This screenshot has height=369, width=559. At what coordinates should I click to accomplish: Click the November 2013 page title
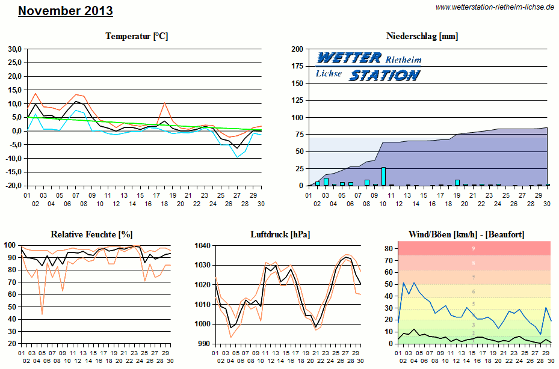click(65, 11)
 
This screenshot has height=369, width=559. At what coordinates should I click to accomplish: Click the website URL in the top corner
click(494, 7)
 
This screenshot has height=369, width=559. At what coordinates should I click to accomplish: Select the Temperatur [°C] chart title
click(137, 36)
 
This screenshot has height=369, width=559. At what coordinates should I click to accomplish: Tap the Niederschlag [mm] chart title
click(422, 36)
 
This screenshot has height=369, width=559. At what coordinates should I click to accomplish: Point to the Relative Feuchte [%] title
click(91, 233)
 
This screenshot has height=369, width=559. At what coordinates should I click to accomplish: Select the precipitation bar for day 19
click(457, 183)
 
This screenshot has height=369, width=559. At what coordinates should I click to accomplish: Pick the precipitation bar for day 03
click(326, 182)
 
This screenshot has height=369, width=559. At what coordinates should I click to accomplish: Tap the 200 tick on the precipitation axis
click(297, 49)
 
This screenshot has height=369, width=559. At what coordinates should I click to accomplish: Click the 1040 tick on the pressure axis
click(204, 245)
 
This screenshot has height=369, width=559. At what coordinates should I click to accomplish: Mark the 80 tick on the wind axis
click(389, 248)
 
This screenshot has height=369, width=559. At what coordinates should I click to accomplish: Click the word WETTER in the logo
click(348, 58)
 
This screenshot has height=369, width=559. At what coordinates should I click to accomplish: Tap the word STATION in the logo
click(385, 76)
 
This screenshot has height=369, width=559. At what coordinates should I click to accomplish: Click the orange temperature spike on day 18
click(165, 103)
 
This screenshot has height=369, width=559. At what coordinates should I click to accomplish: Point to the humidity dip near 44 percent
click(42, 313)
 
